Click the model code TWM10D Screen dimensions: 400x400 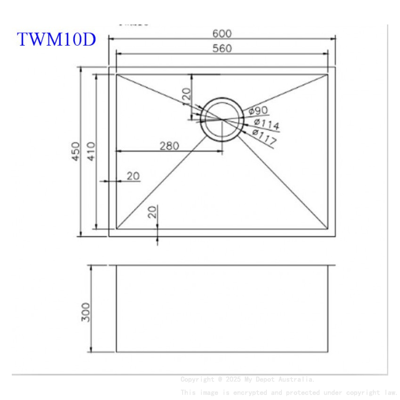click(x=56, y=39)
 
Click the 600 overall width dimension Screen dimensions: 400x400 click(x=222, y=33)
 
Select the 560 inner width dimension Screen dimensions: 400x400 click(x=222, y=48)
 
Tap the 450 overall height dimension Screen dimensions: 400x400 click(x=76, y=152)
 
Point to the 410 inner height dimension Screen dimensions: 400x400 click(x=90, y=152)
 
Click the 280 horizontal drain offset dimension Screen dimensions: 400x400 click(x=169, y=146)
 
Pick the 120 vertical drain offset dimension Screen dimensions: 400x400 click(x=186, y=96)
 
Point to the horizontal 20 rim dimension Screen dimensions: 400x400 click(x=133, y=176)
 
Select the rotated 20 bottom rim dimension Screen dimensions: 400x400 click(x=152, y=212)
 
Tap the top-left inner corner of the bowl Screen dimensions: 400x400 click(x=116, y=74)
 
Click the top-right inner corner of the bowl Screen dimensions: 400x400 click(x=328, y=74)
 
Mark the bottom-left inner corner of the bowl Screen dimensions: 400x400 click(x=116, y=229)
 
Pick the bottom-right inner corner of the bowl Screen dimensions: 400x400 click(x=328, y=229)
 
